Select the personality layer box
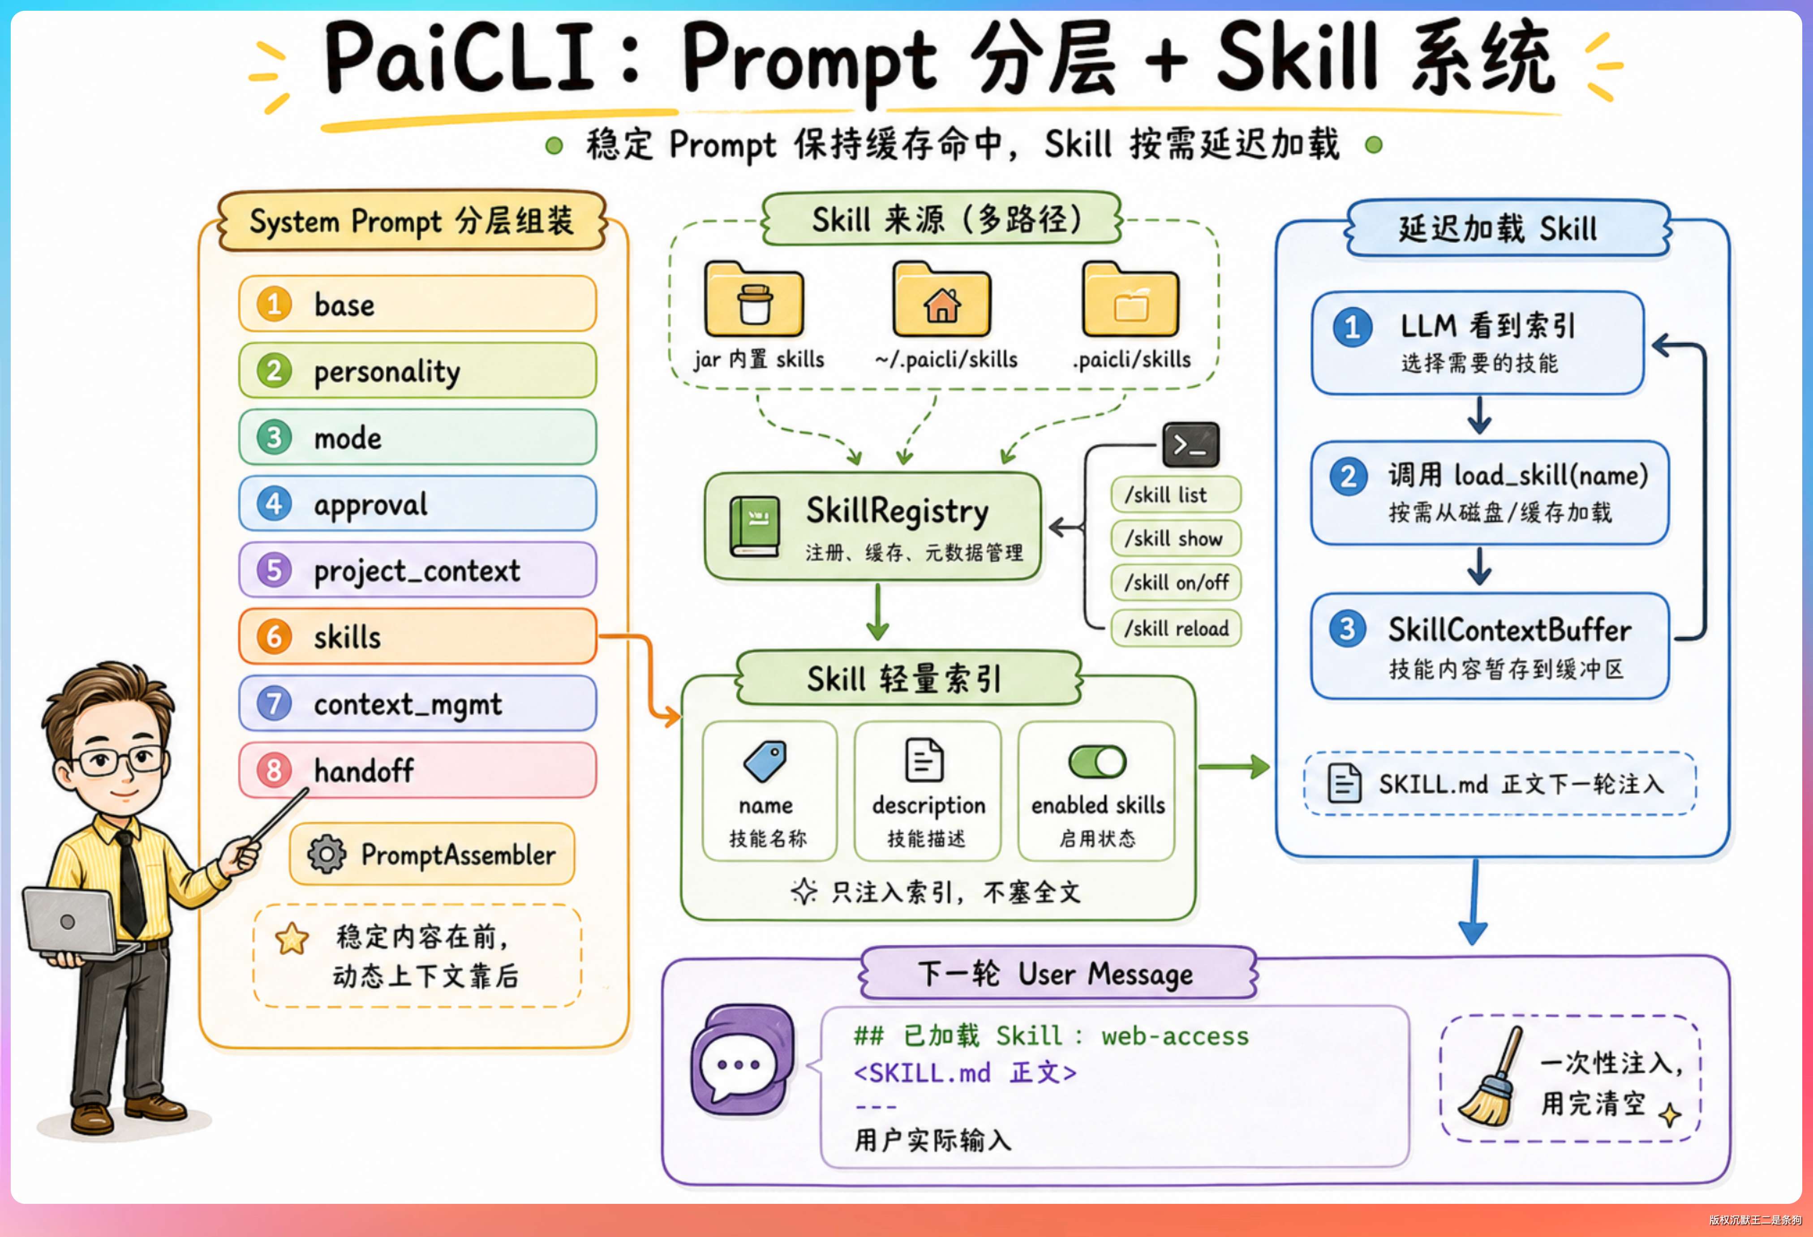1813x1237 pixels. coord(417,370)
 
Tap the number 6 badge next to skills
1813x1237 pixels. coord(274,636)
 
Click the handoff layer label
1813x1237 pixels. coord(364,771)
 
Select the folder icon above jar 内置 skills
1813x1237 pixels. coord(754,300)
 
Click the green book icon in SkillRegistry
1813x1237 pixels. coord(754,527)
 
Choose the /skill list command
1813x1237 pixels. coord(1175,494)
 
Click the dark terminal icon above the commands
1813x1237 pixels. coord(1190,445)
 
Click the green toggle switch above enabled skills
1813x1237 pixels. coord(1097,761)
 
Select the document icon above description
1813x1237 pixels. coord(924,760)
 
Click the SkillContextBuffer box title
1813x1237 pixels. coord(1509,630)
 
